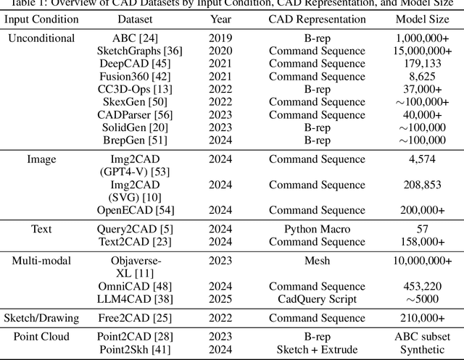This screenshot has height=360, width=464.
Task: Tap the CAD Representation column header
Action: (x=317, y=20)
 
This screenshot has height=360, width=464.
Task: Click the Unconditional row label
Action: (x=41, y=38)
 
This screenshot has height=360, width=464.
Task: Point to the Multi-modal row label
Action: (x=41, y=261)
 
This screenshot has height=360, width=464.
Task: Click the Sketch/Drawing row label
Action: (x=41, y=318)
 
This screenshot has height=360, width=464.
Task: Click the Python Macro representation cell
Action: (x=317, y=229)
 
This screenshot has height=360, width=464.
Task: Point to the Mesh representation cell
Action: (x=317, y=261)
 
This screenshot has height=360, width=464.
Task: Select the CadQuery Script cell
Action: (x=317, y=298)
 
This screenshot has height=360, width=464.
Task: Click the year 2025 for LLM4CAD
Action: (x=220, y=298)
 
